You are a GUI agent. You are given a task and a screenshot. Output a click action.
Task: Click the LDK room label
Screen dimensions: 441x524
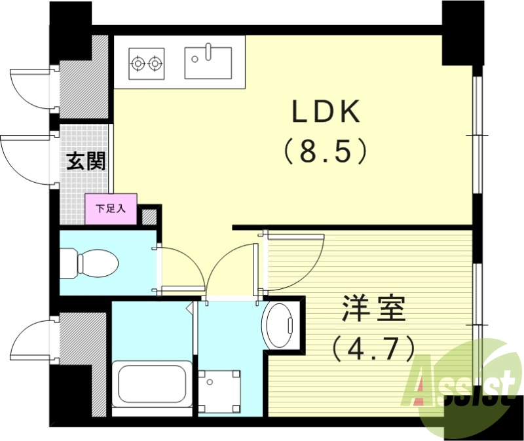pos(326,113)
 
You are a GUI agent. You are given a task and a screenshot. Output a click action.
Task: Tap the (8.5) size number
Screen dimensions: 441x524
pos(326,153)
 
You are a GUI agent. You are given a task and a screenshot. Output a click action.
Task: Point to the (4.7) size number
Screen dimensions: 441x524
pos(373,348)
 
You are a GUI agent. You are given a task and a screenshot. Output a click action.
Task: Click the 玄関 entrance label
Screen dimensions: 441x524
pos(86,161)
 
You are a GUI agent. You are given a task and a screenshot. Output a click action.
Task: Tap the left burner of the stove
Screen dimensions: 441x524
pos(138,64)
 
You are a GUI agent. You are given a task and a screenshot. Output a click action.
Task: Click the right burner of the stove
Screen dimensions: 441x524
pos(155,64)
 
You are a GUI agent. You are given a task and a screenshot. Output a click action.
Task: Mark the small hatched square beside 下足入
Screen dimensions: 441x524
pos(150,216)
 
